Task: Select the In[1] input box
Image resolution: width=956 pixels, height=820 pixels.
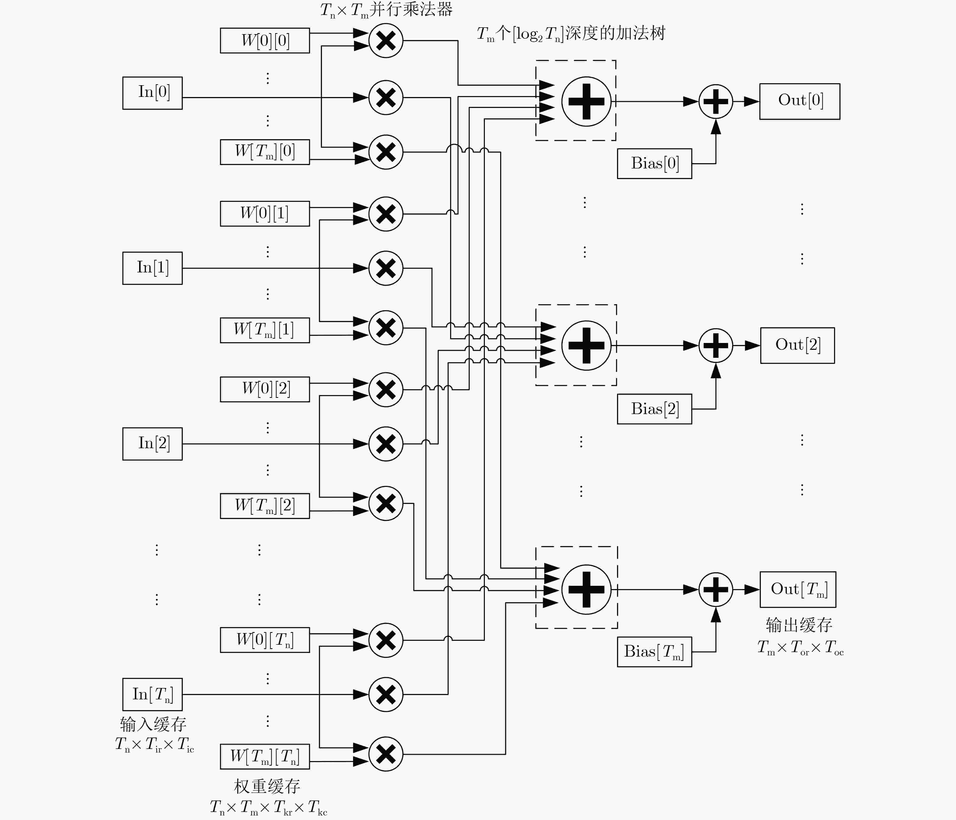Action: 152,268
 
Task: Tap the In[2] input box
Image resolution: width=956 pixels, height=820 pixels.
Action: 152,444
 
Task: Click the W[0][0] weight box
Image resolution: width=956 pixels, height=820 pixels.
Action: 265,41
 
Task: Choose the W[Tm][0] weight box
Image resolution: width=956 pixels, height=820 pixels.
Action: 265,152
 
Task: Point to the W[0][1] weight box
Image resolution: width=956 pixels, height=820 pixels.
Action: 265,214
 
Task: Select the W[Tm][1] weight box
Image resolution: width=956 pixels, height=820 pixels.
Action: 265,330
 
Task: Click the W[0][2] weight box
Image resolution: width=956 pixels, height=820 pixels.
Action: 265,389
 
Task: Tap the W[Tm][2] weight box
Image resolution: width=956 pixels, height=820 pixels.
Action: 265,506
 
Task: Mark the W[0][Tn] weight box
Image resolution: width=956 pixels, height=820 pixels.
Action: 265,640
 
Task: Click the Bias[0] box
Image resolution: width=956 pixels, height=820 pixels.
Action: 654,163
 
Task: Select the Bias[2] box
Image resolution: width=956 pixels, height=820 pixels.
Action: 654,409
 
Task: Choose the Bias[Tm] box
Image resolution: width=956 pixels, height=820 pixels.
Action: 654,652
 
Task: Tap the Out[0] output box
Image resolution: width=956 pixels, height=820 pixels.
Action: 800,101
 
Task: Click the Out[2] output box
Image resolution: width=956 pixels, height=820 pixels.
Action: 797,345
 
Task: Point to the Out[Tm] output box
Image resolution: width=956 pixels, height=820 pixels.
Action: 798,589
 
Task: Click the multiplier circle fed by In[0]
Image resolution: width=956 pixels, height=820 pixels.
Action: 386,97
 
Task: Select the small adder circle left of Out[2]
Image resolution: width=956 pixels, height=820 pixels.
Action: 716,345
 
